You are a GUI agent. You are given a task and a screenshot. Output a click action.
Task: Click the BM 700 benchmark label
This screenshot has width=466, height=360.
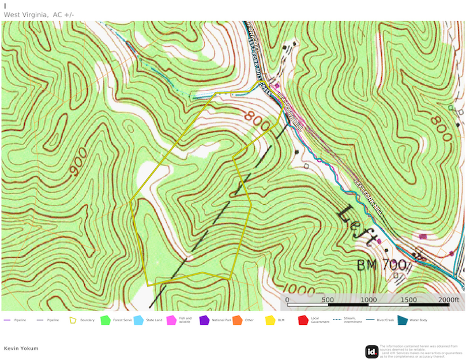(381, 265)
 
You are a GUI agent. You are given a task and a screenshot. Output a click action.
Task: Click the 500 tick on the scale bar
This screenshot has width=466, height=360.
(328, 300)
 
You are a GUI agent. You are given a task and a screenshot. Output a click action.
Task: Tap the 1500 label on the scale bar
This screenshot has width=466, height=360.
(409, 300)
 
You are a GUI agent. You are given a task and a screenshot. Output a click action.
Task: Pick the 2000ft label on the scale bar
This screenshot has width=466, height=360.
(448, 300)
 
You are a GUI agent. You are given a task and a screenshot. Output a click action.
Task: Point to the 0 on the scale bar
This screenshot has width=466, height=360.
(287, 300)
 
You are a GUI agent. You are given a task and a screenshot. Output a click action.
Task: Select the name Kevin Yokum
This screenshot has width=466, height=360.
(20, 348)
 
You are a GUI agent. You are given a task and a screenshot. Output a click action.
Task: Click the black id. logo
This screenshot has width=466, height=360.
(372, 351)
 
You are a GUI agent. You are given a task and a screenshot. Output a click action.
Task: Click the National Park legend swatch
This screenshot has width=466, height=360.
(204, 320)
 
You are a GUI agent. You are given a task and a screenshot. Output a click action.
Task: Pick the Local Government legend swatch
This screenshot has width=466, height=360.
(303, 320)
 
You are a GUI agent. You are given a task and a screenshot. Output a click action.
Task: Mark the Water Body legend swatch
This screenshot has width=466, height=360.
(402, 320)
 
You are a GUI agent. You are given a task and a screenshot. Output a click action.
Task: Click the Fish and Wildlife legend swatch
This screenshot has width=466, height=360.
(171, 320)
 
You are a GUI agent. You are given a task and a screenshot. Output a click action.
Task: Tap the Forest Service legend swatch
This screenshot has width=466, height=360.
(106, 320)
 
